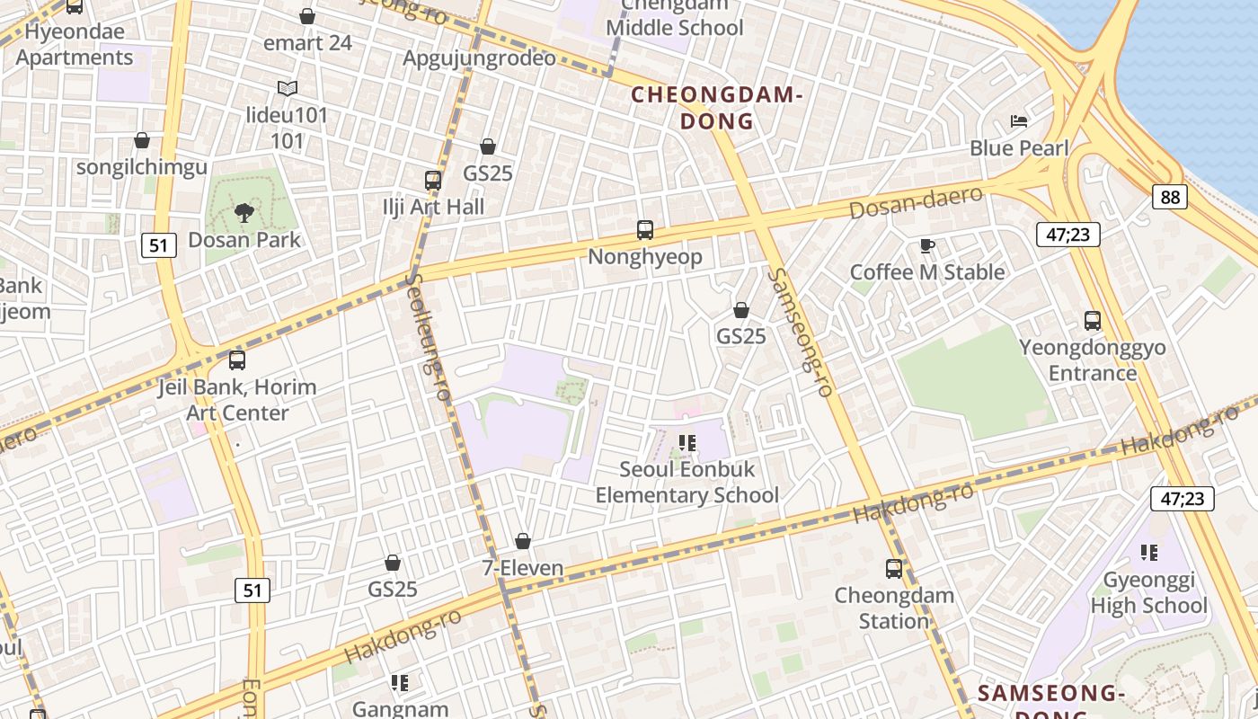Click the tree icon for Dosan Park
point(244,213)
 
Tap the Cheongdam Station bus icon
point(893,569)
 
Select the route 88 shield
point(1169,196)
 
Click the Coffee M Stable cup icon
point(927,245)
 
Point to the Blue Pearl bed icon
point(1019,121)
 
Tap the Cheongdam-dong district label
point(715,107)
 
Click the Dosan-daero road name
point(916,203)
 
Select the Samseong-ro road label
point(802,333)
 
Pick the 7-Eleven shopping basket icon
point(523,541)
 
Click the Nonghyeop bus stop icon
point(645,230)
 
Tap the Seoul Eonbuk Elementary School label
point(687,482)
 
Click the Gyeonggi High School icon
point(1148,552)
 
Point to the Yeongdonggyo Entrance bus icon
point(1093,321)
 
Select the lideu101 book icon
point(288,88)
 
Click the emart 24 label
point(307,42)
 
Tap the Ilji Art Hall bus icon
point(433,180)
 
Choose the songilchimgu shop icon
point(141,140)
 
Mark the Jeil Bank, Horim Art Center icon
point(237,360)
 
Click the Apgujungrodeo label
point(479,58)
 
